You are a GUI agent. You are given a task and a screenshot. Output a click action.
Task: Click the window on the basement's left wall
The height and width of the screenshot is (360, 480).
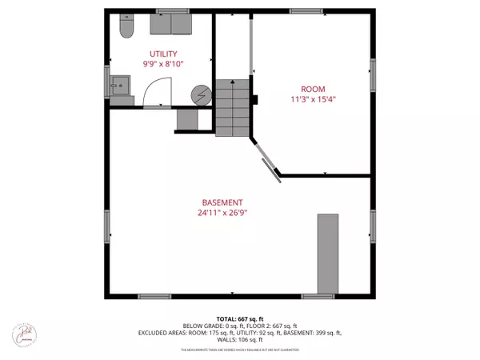pyautogui.click(x=107, y=227)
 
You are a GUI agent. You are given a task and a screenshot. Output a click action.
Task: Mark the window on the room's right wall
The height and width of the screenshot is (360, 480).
pyautogui.click(x=373, y=74)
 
